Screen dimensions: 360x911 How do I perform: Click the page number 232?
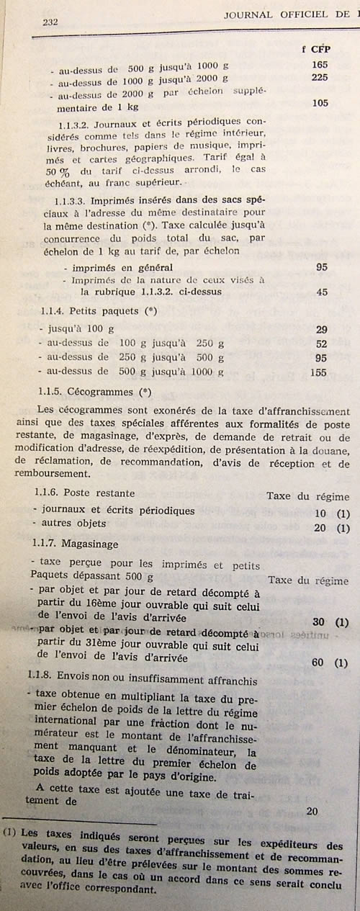tap(50, 22)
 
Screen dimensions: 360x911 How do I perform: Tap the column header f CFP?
tap(315, 50)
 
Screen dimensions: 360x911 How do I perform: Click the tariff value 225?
tap(320, 78)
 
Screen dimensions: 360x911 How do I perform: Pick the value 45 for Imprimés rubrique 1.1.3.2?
tap(322, 291)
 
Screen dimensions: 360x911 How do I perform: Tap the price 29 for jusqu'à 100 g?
tap(322, 329)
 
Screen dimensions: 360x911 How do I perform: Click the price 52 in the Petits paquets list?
tap(322, 344)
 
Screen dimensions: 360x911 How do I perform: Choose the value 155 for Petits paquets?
tap(320, 373)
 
